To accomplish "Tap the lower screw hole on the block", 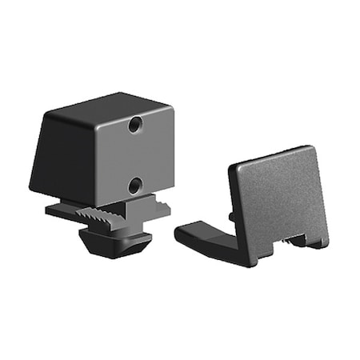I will pos(135,186).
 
